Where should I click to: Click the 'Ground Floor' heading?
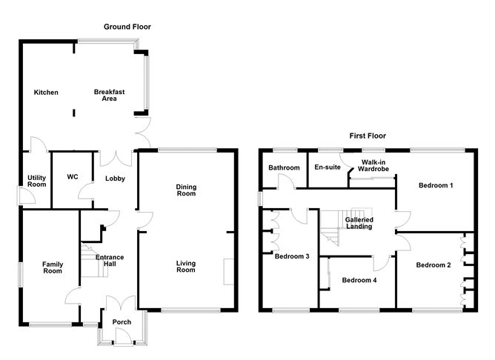(x=127, y=27)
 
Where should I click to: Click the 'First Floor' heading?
(x=368, y=136)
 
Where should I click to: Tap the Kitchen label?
(x=46, y=93)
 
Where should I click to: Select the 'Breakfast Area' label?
(x=109, y=96)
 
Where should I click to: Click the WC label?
(x=73, y=177)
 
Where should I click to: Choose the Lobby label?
(x=115, y=179)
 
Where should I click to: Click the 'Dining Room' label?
(x=186, y=190)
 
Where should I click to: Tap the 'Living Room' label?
(x=186, y=266)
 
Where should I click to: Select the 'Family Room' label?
(x=53, y=268)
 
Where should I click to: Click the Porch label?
(x=122, y=322)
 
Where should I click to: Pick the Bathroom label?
(x=284, y=168)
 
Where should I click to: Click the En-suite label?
(x=328, y=168)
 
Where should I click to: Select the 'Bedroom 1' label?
(x=435, y=185)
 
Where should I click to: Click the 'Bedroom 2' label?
(x=433, y=265)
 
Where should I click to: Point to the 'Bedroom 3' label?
(x=293, y=257)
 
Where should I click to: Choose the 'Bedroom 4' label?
(x=359, y=281)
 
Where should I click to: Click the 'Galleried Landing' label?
(x=359, y=223)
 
